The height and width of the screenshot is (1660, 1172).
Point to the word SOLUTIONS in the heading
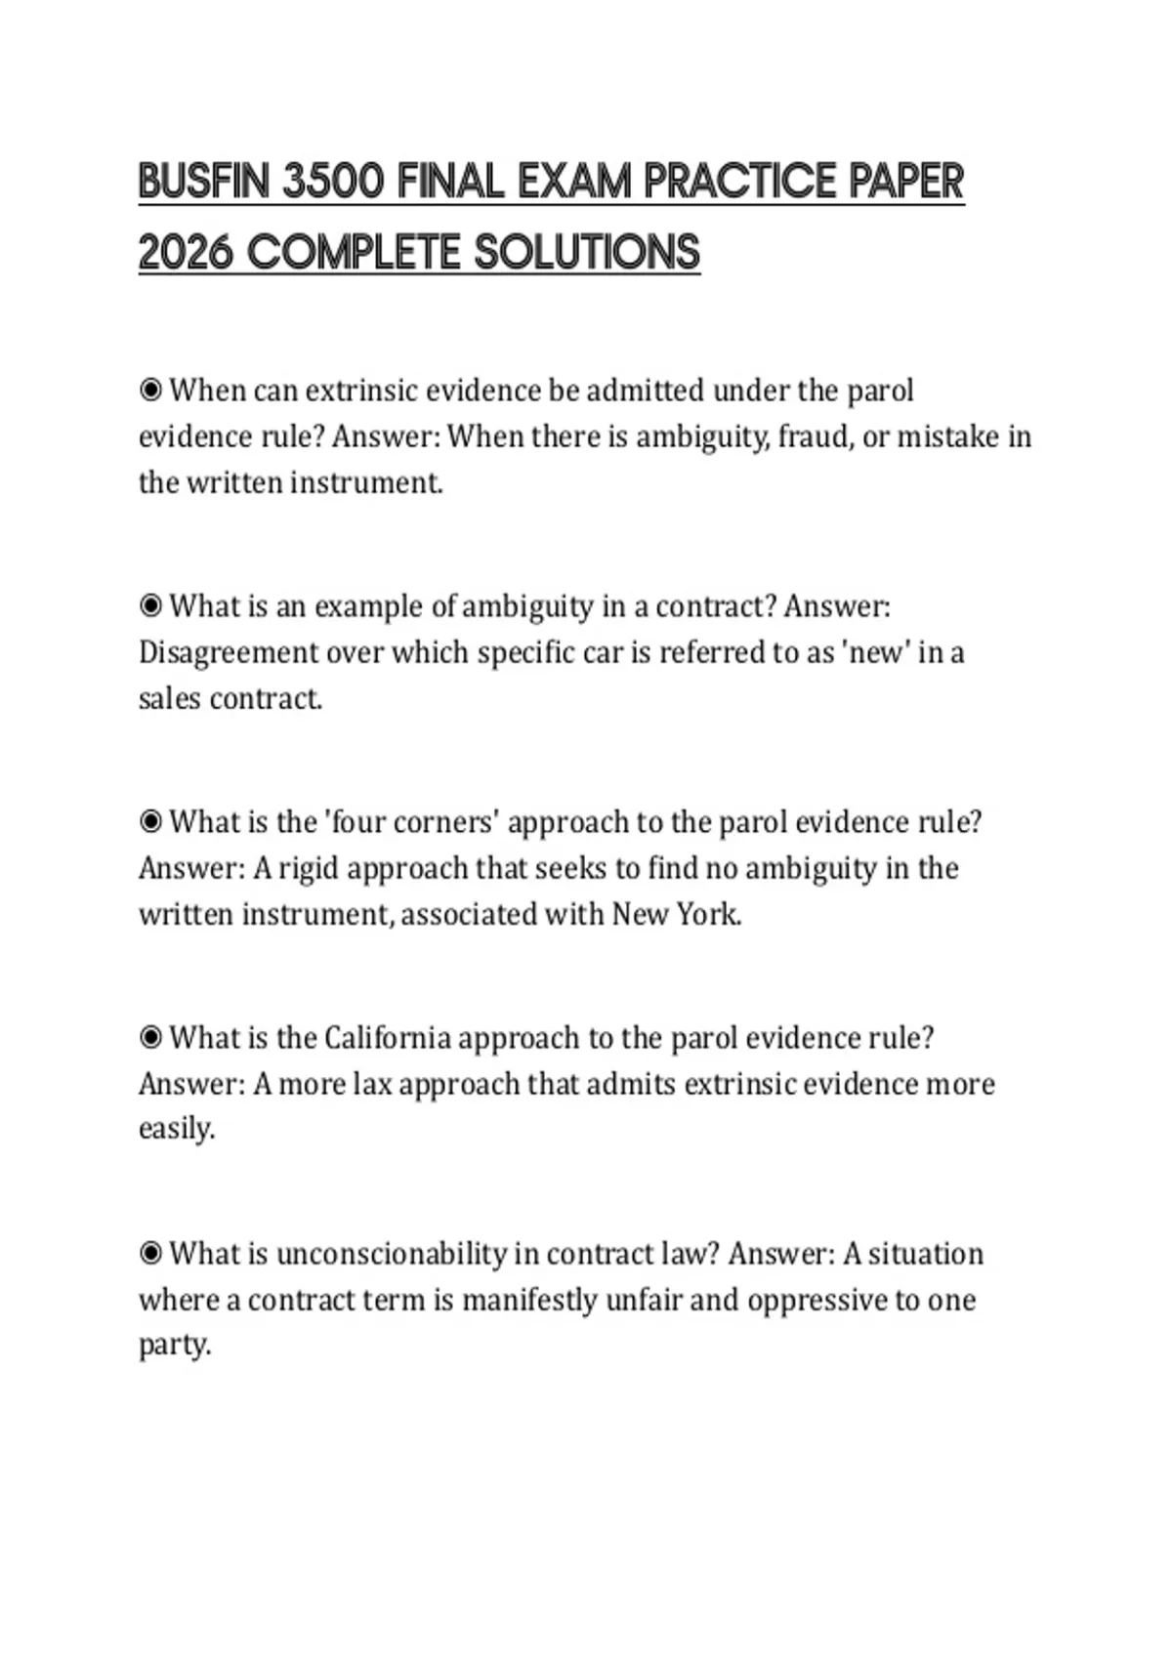click(x=587, y=253)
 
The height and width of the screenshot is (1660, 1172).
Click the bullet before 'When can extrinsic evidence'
click(x=150, y=391)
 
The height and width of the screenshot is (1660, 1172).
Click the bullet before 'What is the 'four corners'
click(x=150, y=822)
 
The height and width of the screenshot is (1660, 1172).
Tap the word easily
click(x=176, y=1130)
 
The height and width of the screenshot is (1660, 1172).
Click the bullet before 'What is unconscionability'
click(x=150, y=1254)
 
